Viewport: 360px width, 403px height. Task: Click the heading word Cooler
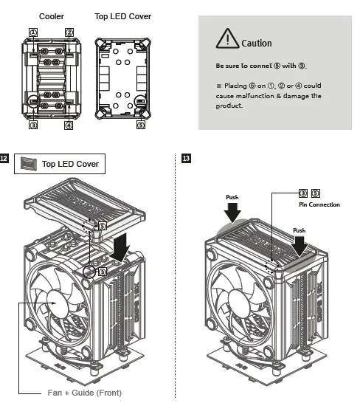click(x=50, y=15)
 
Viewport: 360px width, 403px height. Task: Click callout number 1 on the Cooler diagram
click(x=32, y=32)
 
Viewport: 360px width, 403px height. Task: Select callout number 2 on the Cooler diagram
click(x=69, y=32)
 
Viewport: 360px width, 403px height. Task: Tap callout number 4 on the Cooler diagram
click(x=69, y=125)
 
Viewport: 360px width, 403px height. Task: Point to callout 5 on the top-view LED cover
click(x=141, y=125)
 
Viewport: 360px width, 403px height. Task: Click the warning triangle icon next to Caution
click(x=227, y=38)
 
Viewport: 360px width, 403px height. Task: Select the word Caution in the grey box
click(x=256, y=44)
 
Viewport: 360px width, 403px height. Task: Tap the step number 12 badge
click(x=5, y=159)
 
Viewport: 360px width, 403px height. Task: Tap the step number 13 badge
click(x=184, y=159)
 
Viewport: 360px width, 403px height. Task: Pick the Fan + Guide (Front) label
click(x=84, y=392)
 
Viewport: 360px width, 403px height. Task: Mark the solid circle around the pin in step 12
click(x=91, y=272)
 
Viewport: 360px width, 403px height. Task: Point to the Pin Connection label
click(x=319, y=204)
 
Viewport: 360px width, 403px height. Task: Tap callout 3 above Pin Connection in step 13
click(x=302, y=193)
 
